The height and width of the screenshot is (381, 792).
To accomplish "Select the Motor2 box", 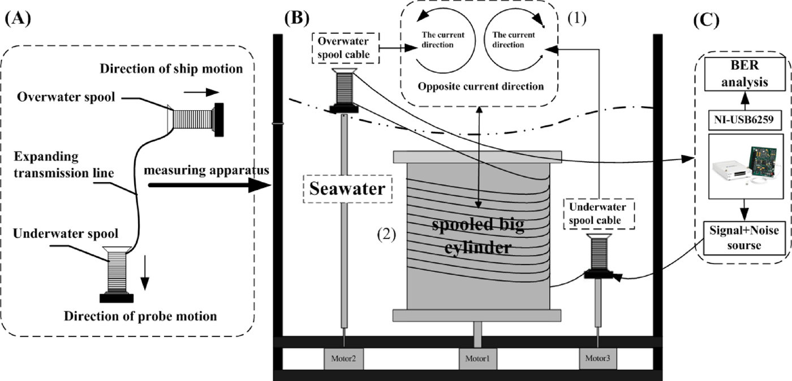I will (x=343, y=358).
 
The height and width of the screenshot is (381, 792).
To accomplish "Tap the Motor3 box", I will (x=599, y=358).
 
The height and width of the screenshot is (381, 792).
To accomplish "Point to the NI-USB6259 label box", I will (x=743, y=120).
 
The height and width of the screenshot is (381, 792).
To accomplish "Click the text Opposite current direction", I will (x=480, y=87).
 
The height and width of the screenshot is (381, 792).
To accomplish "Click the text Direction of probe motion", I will (x=140, y=316).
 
